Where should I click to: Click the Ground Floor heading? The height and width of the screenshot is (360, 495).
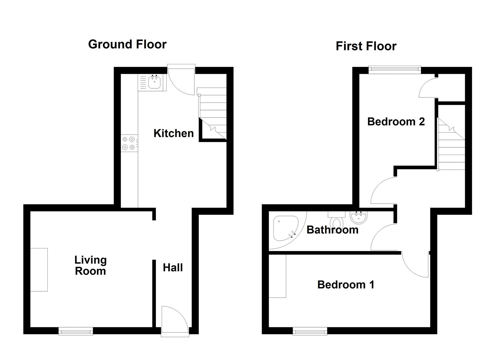(127, 44)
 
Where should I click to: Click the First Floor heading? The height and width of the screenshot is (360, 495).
(366, 46)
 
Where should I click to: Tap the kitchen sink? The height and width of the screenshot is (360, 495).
(154, 82)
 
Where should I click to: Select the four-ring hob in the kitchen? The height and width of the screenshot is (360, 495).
(129, 143)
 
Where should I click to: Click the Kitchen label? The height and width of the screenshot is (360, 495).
(173, 133)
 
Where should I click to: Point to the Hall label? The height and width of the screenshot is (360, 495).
(173, 268)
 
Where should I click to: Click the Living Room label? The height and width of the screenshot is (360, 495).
(90, 265)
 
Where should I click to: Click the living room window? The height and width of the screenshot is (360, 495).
(76, 331)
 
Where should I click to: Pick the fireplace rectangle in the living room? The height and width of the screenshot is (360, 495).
(39, 270)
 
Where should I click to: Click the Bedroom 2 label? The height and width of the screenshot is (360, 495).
(396, 122)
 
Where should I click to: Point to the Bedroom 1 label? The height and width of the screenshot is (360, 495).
(345, 285)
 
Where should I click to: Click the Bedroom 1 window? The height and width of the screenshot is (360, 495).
(310, 331)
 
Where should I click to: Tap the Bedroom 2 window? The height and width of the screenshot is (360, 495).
(395, 69)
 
